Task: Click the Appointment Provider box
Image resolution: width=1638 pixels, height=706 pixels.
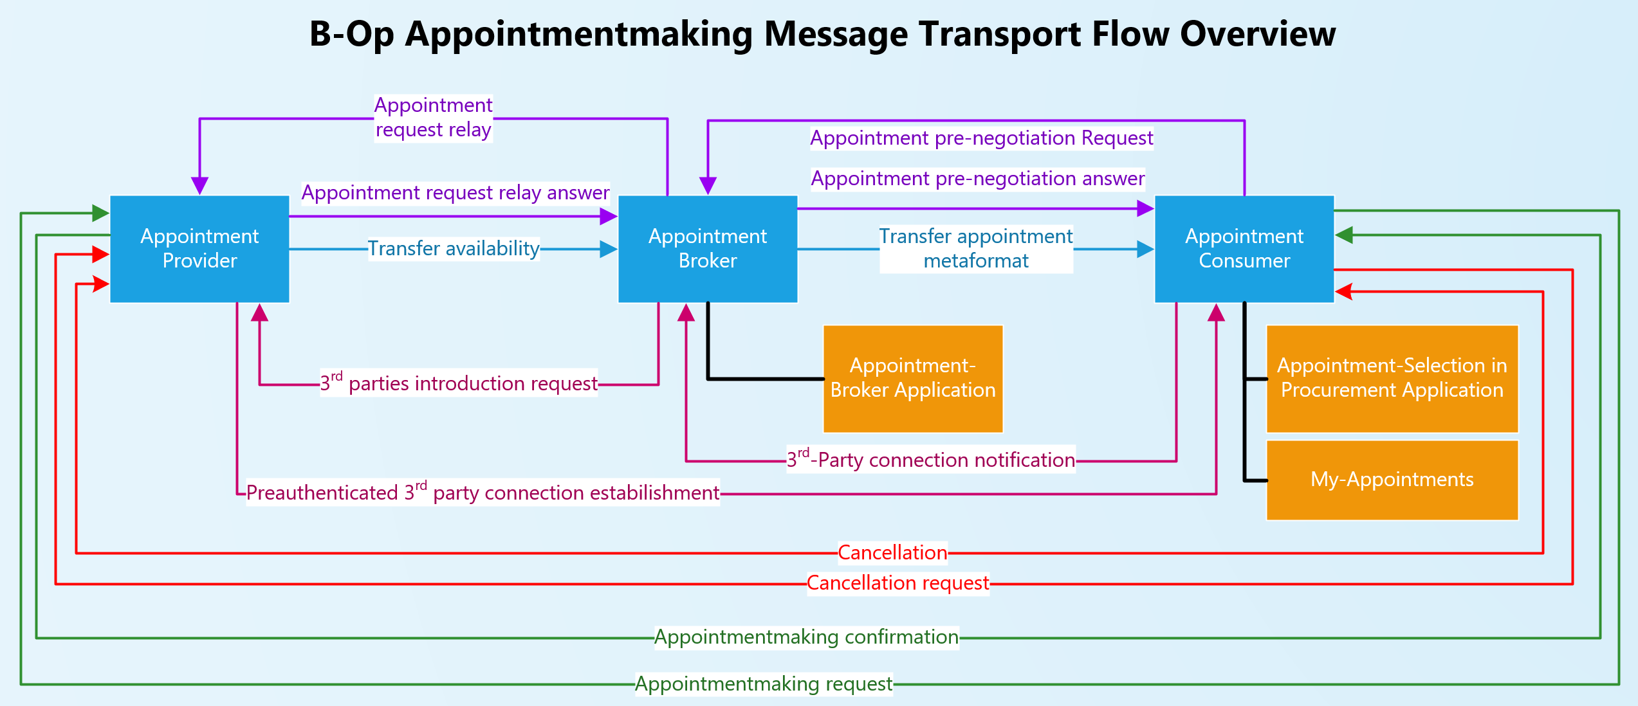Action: pos(199,249)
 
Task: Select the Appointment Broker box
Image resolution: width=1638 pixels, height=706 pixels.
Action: pos(708,249)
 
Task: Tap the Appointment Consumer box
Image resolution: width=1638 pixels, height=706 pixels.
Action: pos(1244,249)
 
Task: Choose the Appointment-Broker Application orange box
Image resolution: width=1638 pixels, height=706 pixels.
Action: pos(913,379)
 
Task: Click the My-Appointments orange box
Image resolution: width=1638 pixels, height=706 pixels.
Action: pos(1392,480)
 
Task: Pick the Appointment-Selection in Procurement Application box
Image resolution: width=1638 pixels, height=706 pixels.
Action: pos(1392,379)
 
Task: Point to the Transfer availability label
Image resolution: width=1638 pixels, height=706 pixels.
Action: pos(454,249)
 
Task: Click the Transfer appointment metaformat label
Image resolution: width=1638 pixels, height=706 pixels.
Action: pos(976,249)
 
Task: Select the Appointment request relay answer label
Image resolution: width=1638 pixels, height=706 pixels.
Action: pos(456,193)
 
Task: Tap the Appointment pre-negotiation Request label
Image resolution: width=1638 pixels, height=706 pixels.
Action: pos(982,138)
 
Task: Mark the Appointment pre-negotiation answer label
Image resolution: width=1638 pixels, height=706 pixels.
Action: pos(978,179)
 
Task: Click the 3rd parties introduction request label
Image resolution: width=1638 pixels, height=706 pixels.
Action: pos(459,383)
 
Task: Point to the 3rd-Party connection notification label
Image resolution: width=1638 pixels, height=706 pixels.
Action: pos(931,460)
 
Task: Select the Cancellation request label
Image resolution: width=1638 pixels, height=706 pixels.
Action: pos(898,583)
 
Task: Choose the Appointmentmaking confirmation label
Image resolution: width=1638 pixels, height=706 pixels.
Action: pos(807,637)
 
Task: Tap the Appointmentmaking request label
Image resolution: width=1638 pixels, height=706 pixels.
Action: pos(764,684)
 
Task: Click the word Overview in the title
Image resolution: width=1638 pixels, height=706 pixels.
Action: pos(1258,34)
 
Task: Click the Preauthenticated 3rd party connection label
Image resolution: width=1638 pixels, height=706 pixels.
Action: pos(483,493)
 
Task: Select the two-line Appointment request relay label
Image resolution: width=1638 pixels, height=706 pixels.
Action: pos(434,118)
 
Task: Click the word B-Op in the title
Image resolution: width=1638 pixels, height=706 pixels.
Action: pos(351,34)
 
